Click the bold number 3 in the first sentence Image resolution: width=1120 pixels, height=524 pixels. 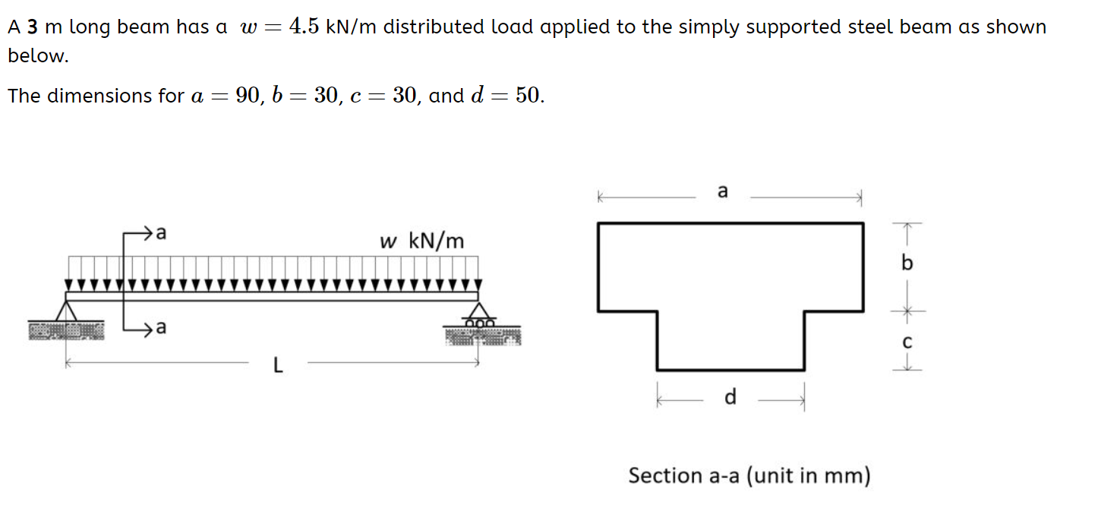(x=33, y=27)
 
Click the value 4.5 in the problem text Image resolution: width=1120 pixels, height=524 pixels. (x=304, y=27)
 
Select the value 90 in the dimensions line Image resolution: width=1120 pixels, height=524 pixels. (x=248, y=96)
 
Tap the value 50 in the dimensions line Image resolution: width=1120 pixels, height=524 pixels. (x=528, y=96)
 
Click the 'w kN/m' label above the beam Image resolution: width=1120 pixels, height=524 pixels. (x=421, y=241)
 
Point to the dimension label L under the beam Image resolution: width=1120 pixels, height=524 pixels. (x=278, y=367)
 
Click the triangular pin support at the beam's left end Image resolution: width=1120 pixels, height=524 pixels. (x=68, y=312)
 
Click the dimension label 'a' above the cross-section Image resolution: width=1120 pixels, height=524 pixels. (x=722, y=191)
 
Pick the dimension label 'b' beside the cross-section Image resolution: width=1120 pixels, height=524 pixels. (x=907, y=264)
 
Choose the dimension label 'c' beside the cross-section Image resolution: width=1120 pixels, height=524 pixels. (x=907, y=342)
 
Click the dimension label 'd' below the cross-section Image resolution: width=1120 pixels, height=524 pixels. (x=730, y=397)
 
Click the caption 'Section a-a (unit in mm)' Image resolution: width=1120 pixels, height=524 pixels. (x=749, y=476)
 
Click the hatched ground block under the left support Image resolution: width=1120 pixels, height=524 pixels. (x=66, y=331)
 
